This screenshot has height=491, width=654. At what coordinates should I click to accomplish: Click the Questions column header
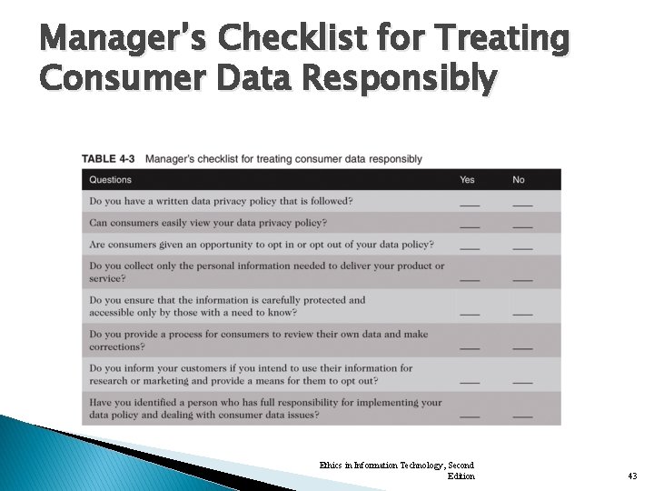point(110,179)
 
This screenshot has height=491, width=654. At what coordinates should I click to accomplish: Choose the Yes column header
point(467,179)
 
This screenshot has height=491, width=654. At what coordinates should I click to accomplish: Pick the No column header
point(519,179)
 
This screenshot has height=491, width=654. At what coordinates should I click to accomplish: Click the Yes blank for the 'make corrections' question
point(469,347)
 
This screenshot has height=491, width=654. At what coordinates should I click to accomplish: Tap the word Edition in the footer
point(461,476)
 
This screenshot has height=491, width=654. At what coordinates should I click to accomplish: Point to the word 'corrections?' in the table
point(116,346)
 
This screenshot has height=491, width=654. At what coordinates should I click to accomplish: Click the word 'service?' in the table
point(107,278)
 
